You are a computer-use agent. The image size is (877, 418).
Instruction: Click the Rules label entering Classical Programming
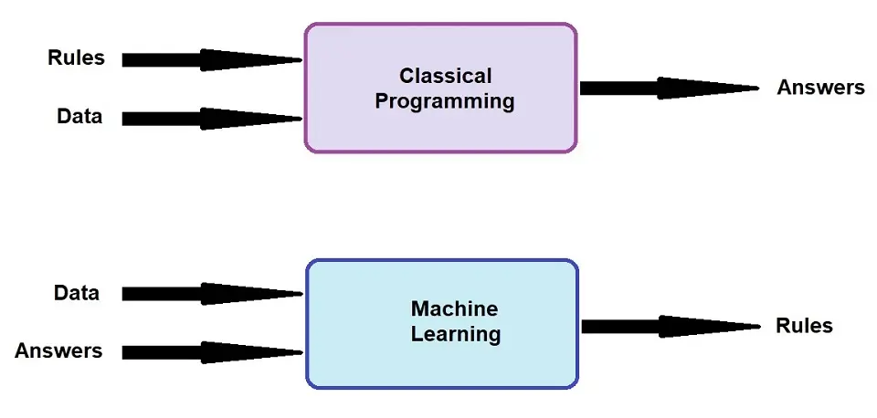click(x=76, y=57)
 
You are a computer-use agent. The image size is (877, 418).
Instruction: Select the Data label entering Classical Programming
click(x=79, y=116)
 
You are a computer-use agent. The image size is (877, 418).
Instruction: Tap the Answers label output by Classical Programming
click(x=820, y=88)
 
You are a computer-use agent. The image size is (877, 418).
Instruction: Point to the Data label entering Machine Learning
click(x=77, y=293)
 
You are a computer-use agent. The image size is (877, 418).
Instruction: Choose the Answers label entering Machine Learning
click(x=58, y=350)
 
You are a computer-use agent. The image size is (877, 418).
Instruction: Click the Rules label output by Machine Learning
click(x=804, y=325)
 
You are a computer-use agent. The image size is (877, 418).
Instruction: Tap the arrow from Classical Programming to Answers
click(x=670, y=89)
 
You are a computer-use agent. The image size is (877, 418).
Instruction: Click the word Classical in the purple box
click(x=445, y=76)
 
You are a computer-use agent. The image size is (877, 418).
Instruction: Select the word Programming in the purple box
click(x=445, y=101)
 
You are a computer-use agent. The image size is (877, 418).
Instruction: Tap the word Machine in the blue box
click(x=454, y=308)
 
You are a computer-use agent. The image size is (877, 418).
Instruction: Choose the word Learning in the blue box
click(x=456, y=334)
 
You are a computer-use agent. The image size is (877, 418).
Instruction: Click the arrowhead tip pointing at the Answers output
click(x=759, y=89)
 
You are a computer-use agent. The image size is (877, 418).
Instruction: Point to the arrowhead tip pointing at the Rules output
click(x=760, y=327)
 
